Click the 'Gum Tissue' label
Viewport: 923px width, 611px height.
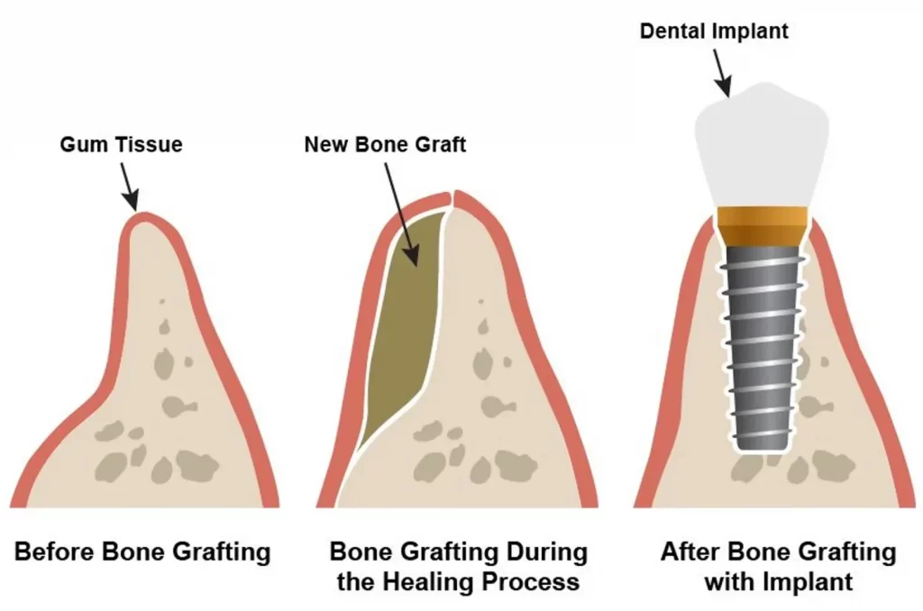point(121,144)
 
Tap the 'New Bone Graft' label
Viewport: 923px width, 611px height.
point(385,144)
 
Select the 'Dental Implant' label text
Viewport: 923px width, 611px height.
point(714,32)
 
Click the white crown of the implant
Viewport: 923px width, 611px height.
point(766,144)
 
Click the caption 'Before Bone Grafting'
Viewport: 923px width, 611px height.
point(142,552)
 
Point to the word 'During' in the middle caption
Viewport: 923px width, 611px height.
point(543,552)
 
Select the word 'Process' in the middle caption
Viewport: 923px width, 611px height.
point(531,582)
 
